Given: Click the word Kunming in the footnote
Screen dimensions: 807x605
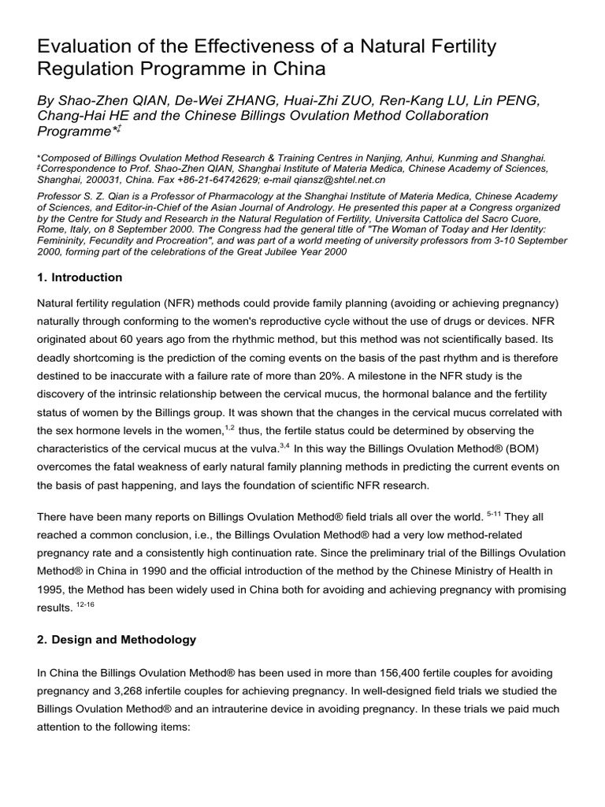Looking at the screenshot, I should [451, 157].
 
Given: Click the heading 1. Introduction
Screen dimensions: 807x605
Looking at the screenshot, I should [80, 277].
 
